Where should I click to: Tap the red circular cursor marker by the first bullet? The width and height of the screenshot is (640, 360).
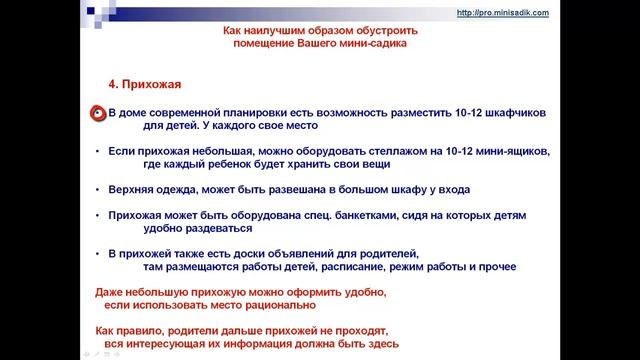click(x=98, y=114)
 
